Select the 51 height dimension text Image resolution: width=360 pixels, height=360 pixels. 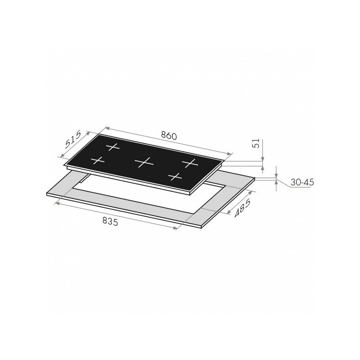(256, 144)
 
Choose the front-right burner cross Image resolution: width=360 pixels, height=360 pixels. (176, 176)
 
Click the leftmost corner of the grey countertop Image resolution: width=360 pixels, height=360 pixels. (47, 194)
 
